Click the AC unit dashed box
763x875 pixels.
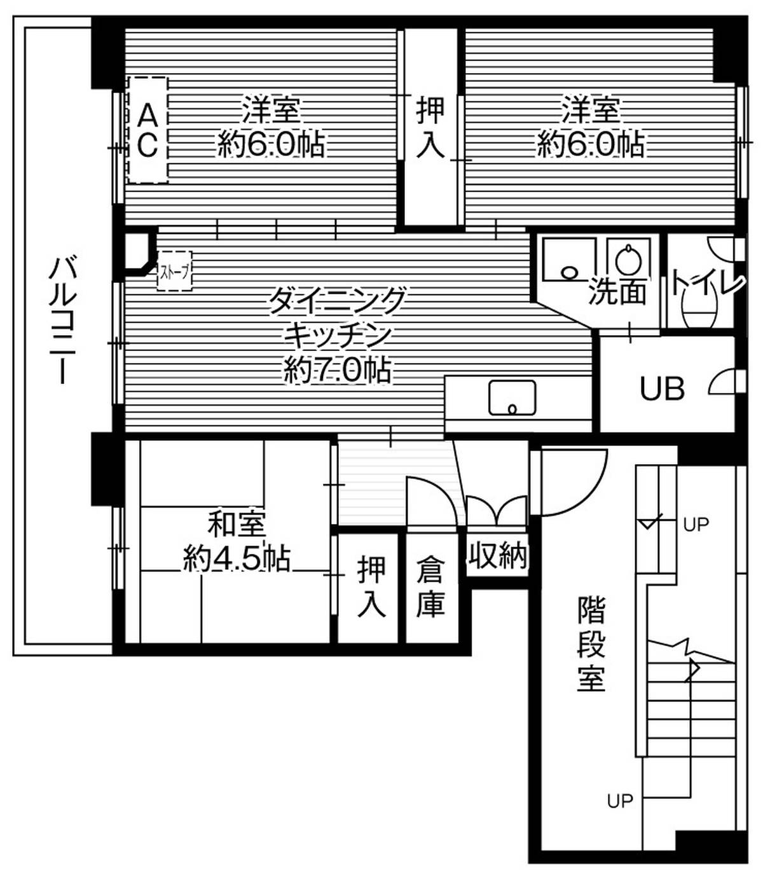coord(148,130)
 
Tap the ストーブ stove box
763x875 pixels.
coord(174,272)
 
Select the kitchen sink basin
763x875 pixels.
coord(511,397)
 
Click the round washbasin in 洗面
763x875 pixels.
coord(628,260)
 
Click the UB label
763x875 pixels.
coord(662,388)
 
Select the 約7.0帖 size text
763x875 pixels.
coord(337,370)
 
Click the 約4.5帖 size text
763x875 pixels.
coord(237,559)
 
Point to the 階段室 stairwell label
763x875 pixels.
coord(591,644)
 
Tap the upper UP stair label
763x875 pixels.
coord(696,525)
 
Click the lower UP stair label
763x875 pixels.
coord(620,801)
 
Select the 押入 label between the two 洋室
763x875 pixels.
coord(430,127)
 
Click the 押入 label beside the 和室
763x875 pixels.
coord(371,586)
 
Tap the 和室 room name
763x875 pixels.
coord(237,526)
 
